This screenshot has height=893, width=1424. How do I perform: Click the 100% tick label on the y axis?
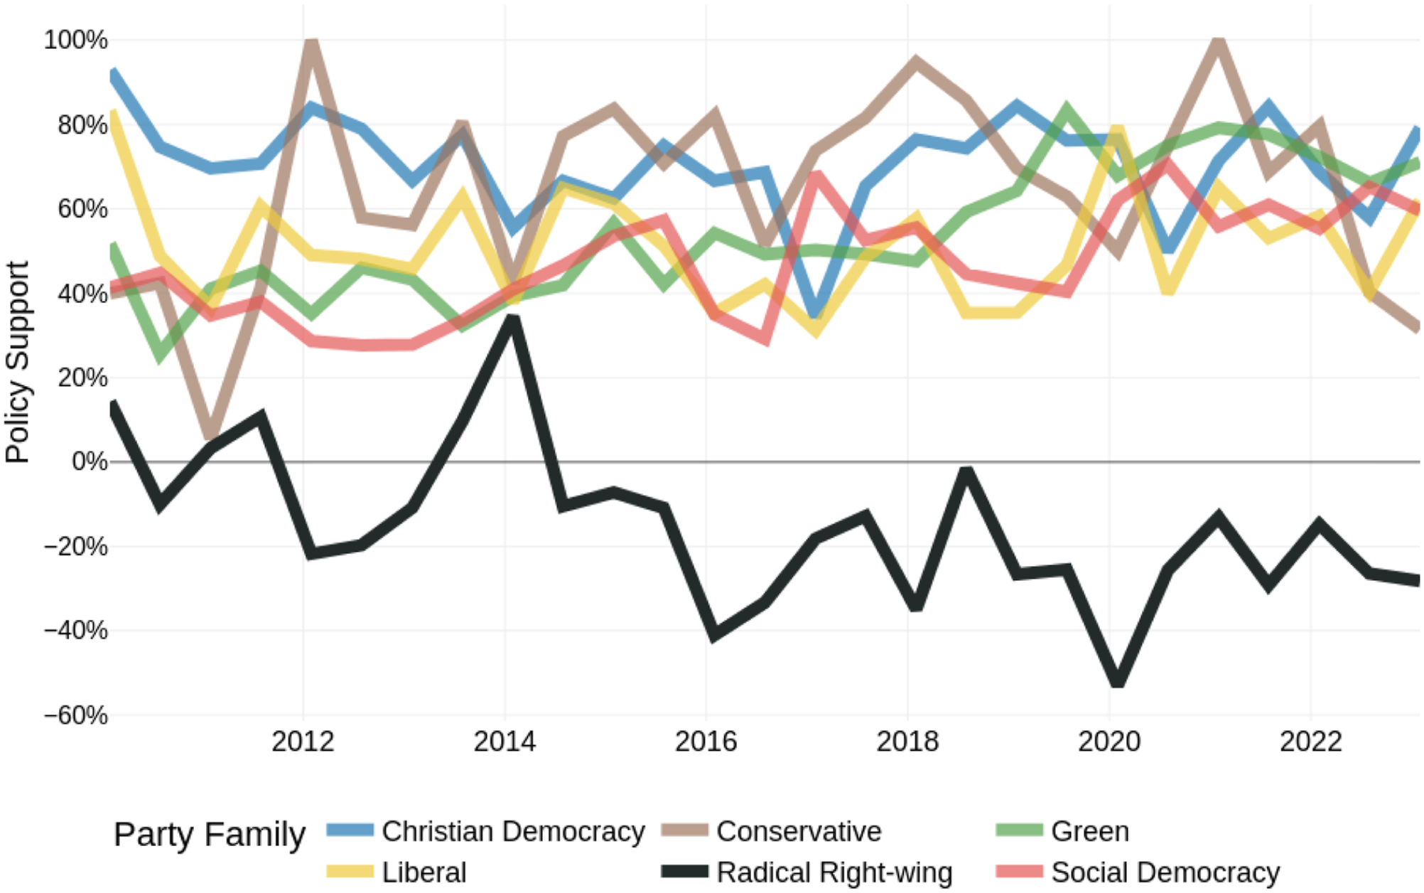click(75, 40)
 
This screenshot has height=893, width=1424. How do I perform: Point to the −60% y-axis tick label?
click(75, 715)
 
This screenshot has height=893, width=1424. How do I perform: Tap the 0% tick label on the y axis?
click(90, 461)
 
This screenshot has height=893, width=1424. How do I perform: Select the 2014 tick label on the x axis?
click(505, 742)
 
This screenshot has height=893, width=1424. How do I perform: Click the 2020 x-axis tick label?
click(1109, 742)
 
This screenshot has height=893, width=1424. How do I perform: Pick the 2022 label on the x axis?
click(1310, 742)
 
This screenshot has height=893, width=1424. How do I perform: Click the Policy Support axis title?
click(17, 362)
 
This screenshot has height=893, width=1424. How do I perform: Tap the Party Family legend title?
click(210, 835)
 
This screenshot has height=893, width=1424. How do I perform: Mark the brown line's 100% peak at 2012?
click(311, 43)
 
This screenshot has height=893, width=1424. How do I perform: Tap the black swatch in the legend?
click(685, 872)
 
